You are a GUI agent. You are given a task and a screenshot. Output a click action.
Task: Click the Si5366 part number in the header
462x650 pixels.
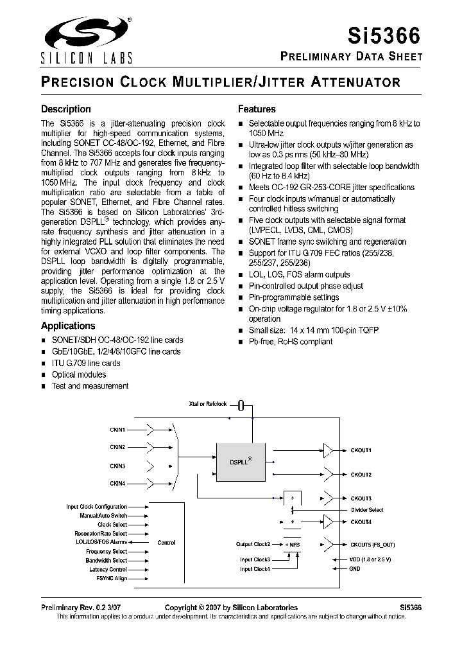(389, 33)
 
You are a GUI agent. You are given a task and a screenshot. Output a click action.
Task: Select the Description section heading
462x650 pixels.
(66, 109)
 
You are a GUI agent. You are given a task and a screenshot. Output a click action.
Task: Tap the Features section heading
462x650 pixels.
(257, 109)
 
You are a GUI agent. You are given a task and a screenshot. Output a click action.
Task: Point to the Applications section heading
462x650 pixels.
(68, 326)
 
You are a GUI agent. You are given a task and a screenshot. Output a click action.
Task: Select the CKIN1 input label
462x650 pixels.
(117, 429)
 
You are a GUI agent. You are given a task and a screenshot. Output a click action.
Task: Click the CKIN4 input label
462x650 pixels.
(117, 483)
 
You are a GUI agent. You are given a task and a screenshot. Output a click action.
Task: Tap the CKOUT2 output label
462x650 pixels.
(361, 475)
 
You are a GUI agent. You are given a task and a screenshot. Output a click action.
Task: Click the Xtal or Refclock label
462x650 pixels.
(208, 404)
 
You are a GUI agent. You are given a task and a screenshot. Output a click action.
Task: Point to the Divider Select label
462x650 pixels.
(367, 510)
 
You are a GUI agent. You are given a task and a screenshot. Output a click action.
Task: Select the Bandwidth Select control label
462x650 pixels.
(107, 561)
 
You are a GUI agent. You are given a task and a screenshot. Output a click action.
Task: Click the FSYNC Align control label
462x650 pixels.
(112, 579)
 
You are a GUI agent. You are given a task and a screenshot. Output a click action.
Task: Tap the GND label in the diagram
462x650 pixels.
(355, 568)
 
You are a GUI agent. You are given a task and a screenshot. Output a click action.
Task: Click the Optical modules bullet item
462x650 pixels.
(79, 374)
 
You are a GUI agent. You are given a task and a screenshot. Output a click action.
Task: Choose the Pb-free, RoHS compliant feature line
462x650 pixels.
(290, 342)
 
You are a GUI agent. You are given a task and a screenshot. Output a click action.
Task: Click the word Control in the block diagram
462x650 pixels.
(166, 543)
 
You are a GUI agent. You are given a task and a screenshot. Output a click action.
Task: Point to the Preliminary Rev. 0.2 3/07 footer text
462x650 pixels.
(76, 607)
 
